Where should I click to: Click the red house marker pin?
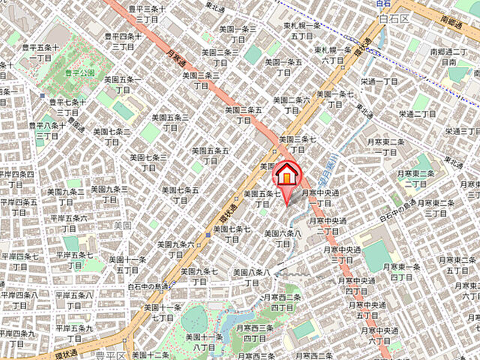click(x=286, y=177)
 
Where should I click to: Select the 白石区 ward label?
click(x=394, y=17)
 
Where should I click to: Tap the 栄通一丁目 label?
click(x=379, y=81)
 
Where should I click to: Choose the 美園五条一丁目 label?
click(x=122, y=83)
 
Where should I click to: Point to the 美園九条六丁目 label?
click(x=183, y=250)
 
